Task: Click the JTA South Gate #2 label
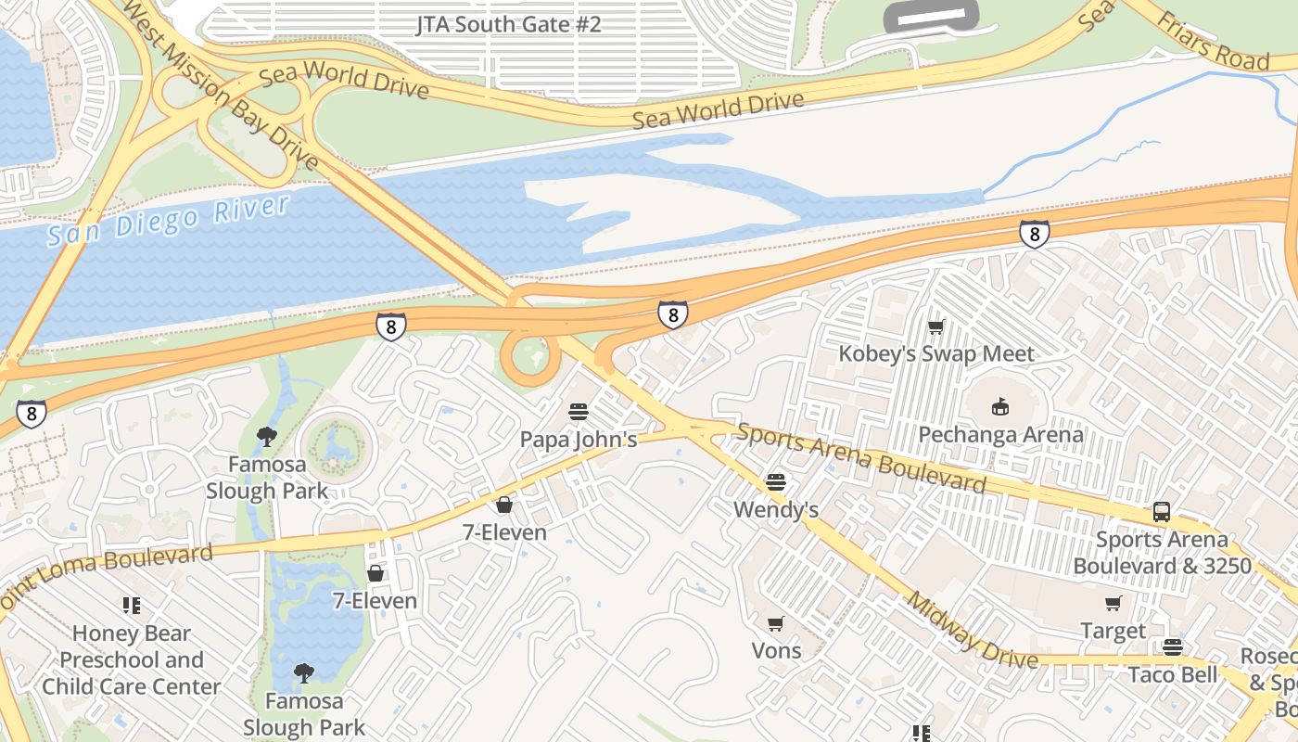[x=508, y=24]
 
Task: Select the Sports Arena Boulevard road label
[x=861, y=458]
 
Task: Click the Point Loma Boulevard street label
[x=107, y=569]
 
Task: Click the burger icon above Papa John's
[x=579, y=411]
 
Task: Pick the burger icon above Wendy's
[x=776, y=482]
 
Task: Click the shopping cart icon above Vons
[x=776, y=623]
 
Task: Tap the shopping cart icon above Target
[x=1113, y=604]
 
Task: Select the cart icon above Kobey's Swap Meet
[x=935, y=326]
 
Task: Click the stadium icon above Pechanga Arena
[x=999, y=406]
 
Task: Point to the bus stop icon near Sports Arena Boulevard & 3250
[x=1161, y=511]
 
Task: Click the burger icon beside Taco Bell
[x=1173, y=647]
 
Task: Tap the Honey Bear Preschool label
[x=132, y=659]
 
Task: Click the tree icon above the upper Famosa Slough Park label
[x=267, y=436]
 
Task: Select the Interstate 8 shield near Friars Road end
[x=1034, y=234]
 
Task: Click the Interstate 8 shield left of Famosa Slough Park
[x=32, y=413]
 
